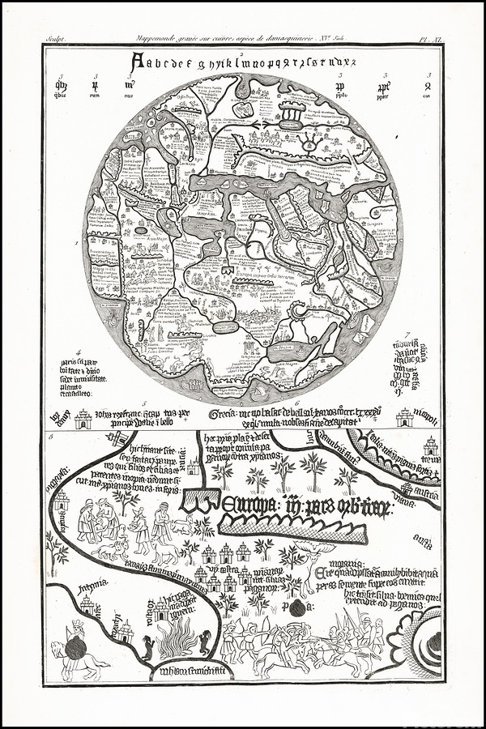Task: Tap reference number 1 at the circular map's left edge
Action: [x=76, y=242]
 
